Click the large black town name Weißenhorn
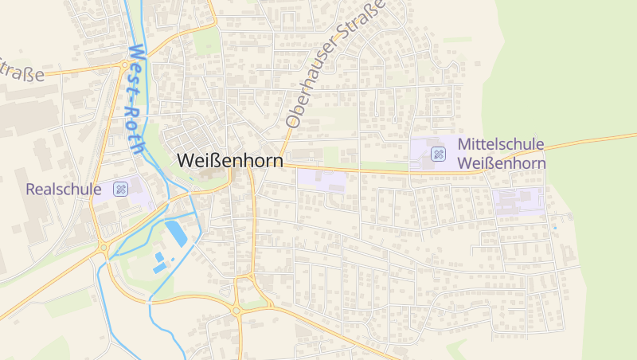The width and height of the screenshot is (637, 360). coord(229,160)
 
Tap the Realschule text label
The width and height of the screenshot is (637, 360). coord(64,190)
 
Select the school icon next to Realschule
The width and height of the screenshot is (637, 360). coord(120,189)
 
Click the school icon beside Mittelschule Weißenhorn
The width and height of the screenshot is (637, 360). coord(437,154)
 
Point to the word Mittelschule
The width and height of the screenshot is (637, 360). coord(501,145)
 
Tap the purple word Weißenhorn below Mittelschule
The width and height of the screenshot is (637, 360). coord(502,163)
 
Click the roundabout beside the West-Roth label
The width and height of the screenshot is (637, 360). coord(125,65)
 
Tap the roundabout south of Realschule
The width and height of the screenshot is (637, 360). coord(104,248)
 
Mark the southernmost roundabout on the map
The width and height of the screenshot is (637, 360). coord(236,311)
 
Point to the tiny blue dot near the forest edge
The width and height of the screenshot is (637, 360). coord(554,228)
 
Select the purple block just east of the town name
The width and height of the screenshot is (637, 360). coord(322,179)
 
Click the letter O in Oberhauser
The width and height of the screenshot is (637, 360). coord(292,121)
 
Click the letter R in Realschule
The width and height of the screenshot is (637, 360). coord(30,190)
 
